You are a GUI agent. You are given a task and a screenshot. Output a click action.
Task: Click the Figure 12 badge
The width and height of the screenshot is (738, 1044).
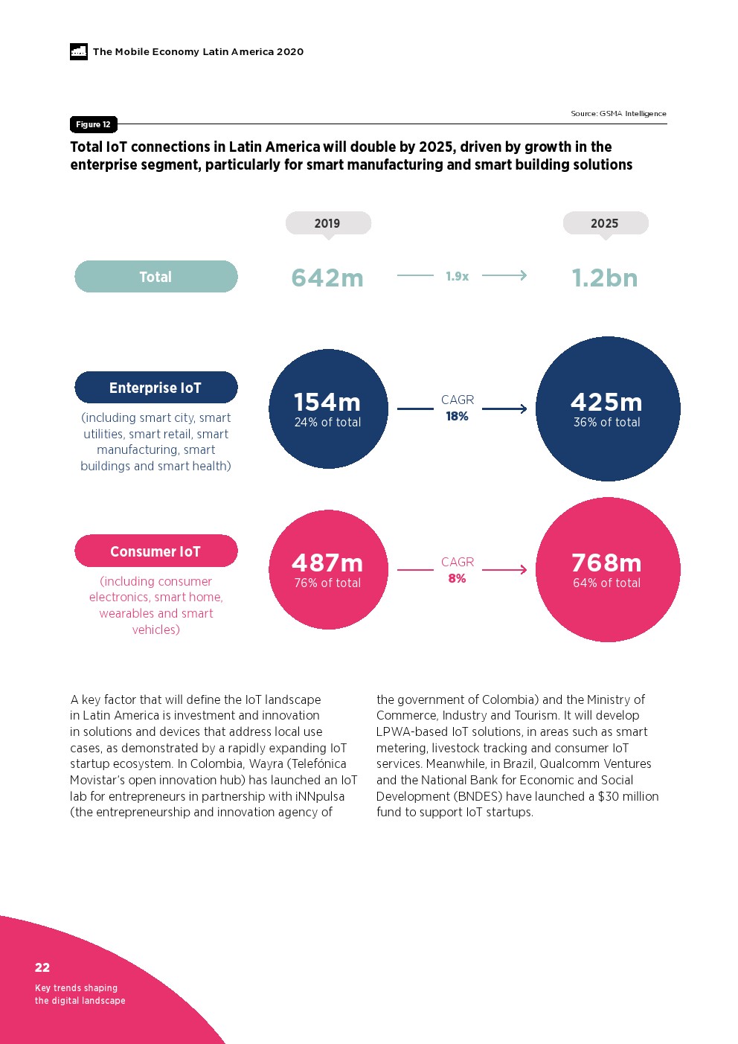tap(93, 124)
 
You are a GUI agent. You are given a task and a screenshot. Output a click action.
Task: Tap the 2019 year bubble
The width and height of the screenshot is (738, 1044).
tap(327, 223)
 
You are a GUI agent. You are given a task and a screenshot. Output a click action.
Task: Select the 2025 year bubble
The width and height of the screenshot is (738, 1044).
tap(605, 223)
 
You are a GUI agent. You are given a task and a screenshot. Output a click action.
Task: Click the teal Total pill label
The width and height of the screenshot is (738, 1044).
tap(156, 277)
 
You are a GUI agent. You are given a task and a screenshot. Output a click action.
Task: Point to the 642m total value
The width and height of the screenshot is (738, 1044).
tap(327, 278)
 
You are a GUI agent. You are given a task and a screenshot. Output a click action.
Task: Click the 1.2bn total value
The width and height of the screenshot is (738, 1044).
tap(605, 278)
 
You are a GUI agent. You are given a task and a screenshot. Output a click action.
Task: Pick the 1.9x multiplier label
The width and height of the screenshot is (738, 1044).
tap(457, 276)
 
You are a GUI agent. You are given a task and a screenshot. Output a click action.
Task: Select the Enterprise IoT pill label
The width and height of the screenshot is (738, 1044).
tap(156, 388)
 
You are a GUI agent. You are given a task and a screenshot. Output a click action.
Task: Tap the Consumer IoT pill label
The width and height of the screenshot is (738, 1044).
tap(156, 551)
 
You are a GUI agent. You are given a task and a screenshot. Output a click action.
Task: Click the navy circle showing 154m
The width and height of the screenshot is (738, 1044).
tap(328, 409)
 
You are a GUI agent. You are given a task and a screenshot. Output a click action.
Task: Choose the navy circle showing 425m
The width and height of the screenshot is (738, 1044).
tap(608, 409)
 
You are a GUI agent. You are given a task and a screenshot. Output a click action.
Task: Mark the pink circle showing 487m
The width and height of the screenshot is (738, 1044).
tap(328, 570)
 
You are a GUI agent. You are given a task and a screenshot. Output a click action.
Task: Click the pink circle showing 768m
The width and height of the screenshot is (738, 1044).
tap(608, 570)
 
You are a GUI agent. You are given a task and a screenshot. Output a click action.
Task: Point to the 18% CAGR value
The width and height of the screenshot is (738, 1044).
tap(457, 417)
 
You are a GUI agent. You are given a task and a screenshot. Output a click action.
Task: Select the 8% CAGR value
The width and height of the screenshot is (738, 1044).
tap(457, 579)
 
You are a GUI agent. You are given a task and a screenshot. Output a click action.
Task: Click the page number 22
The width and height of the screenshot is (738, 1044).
tap(42, 967)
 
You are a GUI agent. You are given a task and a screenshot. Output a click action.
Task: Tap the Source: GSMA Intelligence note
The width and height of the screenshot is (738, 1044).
tap(618, 114)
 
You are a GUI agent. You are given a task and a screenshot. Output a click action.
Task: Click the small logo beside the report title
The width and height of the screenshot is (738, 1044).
tap(79, 51)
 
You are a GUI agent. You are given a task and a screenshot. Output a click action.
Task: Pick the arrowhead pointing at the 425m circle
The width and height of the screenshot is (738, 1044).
tap(523, 409)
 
